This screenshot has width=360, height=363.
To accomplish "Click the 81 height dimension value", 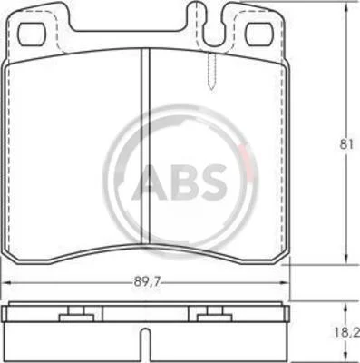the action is pyautogui.click(x=346, y=144).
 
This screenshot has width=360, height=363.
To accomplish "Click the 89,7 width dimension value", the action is pyautogui.click(x=147, y=282).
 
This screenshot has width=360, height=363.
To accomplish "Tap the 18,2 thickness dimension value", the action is pyautogui.click(x=350, y=334).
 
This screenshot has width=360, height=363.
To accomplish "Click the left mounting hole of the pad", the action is pyautogui.click(x=32, y=34).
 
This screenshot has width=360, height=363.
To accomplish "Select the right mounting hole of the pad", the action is pyautogui.click(x=258, y=34).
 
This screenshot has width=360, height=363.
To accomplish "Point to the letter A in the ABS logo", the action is pyautogui.click(x=150, y=182).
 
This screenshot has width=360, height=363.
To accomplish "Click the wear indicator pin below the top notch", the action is pyautogui.click(x=212, y=70).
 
